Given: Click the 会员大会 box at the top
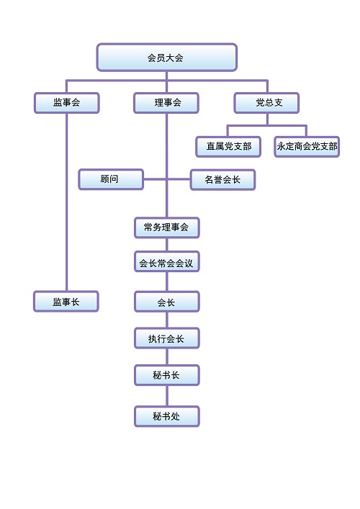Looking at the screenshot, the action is [166, 58].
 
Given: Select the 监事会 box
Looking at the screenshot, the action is [66, 103].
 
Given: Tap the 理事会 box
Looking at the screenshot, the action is [166, 103].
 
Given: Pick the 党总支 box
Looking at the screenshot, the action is [266, 103].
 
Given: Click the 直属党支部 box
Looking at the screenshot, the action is [228, 147].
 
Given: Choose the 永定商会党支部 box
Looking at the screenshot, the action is [307, 147].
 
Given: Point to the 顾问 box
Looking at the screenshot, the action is [111, 179].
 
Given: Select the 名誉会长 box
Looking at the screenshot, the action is [222, 179].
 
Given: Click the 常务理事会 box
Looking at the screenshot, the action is [167, 228].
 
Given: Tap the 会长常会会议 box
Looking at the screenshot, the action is [167, 261].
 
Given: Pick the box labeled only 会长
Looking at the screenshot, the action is [167, 302].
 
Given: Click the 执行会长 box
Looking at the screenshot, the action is [167, 338].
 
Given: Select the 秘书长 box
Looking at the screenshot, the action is [167, 375].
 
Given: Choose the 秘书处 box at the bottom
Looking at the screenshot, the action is [167, 416].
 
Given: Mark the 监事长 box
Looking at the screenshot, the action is [66, 301].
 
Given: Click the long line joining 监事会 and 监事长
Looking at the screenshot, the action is [66, 202].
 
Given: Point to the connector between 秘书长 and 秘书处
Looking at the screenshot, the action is [167, 396].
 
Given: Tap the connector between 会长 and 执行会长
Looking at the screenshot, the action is [167, 320].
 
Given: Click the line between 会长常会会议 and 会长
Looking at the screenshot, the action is [167, 281].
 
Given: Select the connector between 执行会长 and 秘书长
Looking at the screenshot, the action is [167, 357].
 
